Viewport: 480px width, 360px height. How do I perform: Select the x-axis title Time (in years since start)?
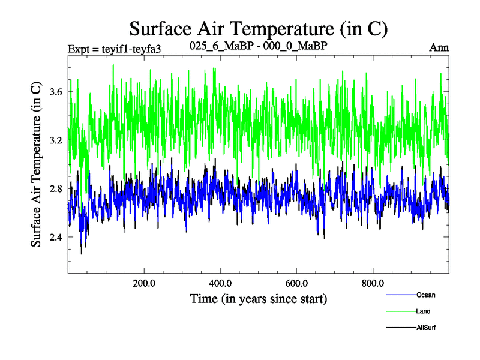point(258,298)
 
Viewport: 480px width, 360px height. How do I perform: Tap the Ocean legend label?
point(425,295)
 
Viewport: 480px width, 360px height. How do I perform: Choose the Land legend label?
point(423,311)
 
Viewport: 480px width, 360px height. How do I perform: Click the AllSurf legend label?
point(426,328)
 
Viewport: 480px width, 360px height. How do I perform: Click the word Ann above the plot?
point(439,47)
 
